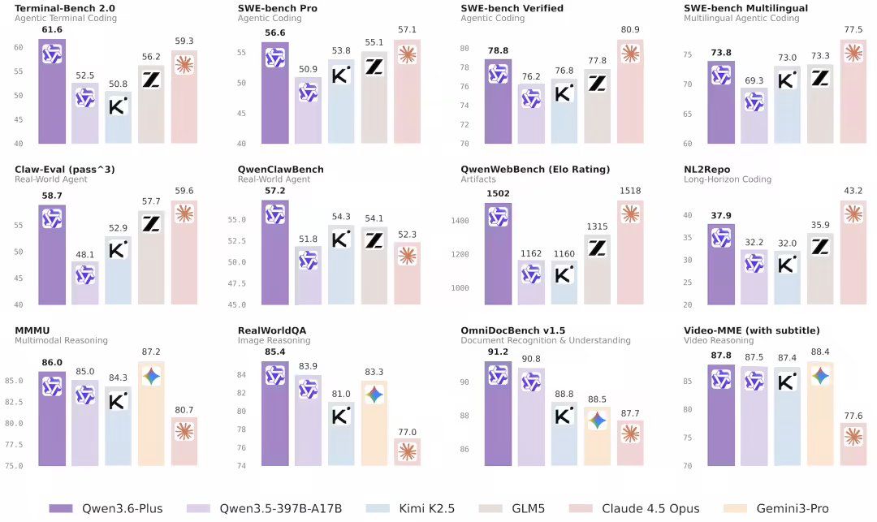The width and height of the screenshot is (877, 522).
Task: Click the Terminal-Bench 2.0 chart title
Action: [x=58, y=8]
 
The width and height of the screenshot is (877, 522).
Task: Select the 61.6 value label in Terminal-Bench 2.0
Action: [x=52, y=28]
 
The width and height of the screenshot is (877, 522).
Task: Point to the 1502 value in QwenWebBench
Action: [x=498, y=193]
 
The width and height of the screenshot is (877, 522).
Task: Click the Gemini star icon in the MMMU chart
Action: [x=152, y=376]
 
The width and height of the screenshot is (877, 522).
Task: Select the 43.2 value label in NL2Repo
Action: [x=853, y=190]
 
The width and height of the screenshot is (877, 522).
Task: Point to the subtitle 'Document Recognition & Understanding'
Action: [x=546, y=341]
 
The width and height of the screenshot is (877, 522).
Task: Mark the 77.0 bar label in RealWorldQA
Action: [x=408, y=432]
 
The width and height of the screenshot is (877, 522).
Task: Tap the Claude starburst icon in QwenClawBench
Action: [x=408, y=255]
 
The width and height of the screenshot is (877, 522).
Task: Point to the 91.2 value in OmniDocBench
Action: [x=498, y=352]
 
